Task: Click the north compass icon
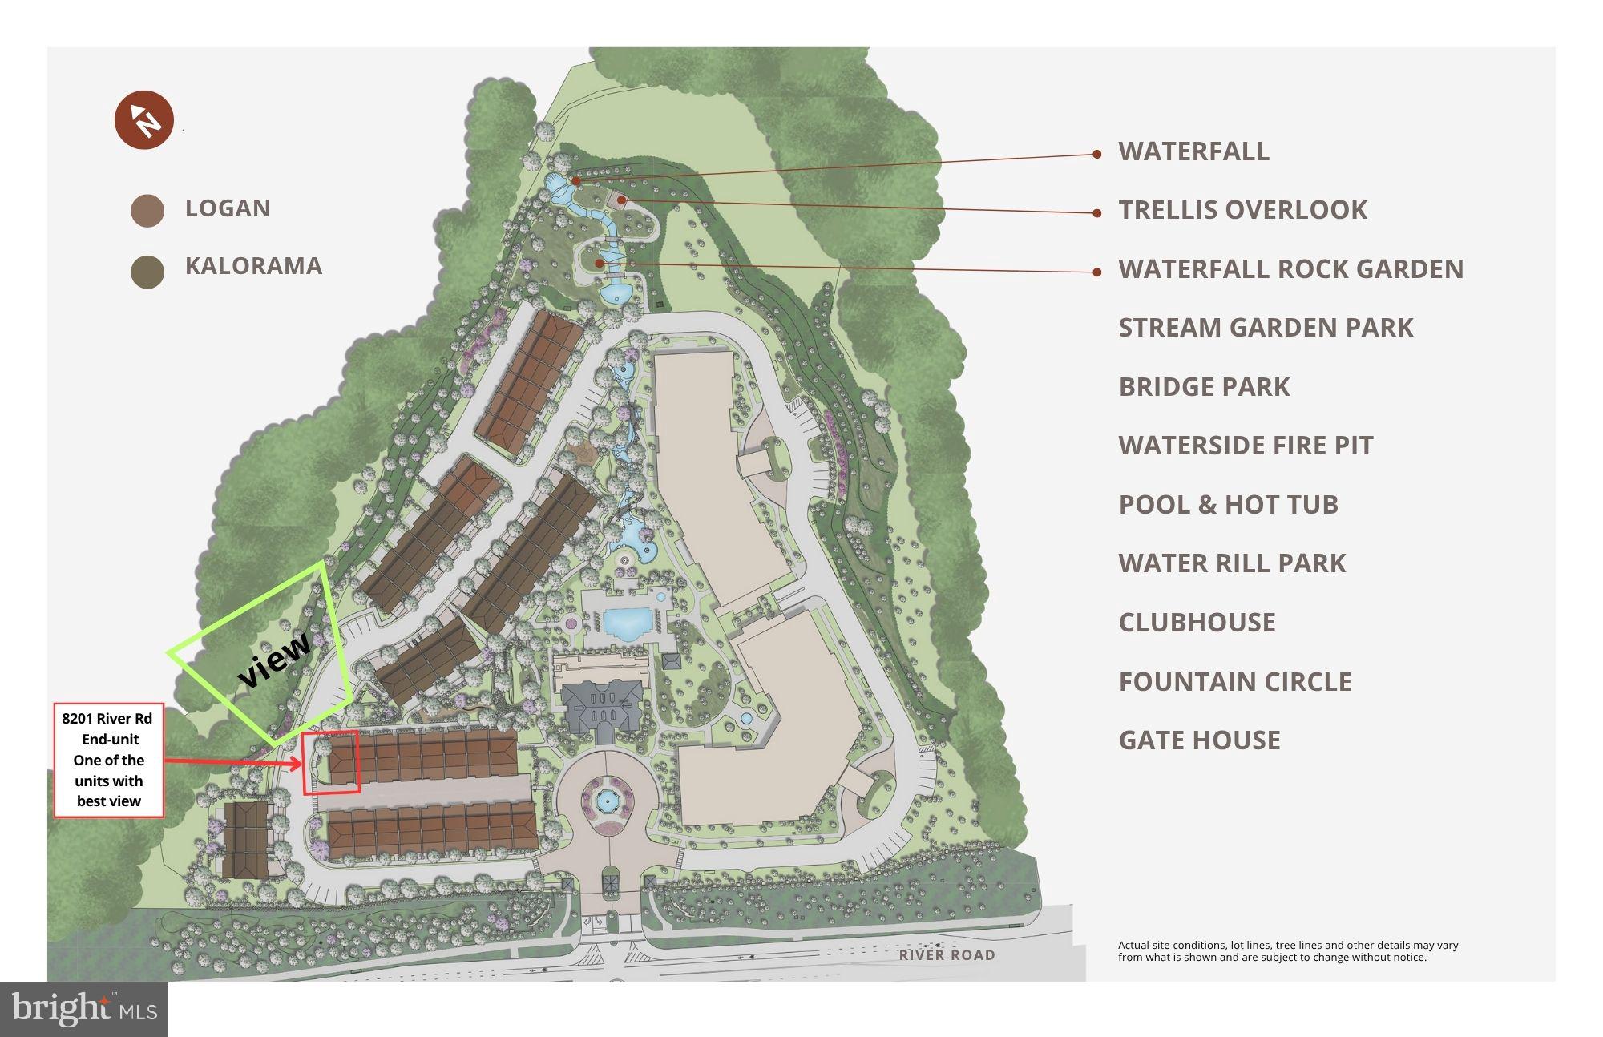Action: (143, 120)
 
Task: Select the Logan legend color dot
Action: (147, 210)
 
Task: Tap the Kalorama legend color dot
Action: (147, 272)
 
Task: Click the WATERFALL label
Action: (1193, 151)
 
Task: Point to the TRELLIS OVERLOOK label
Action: (1242, 210)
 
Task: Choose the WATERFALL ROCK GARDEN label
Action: (1290, 269)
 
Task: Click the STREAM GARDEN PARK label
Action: (1266, 328)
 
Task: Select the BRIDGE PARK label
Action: (1204, 387)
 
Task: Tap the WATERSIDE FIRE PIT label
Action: (1246, 446)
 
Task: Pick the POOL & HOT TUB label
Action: (1228, 505)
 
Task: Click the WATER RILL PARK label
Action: (1232, 563)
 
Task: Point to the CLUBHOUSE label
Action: (1197, 623)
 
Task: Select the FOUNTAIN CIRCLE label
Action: (1235, 682)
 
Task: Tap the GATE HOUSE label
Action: (1199, 740)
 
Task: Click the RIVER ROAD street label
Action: (947, 955)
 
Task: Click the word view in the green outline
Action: (274, 660)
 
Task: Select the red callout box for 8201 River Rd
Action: (108, 761)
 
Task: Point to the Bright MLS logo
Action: (83, 1008)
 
